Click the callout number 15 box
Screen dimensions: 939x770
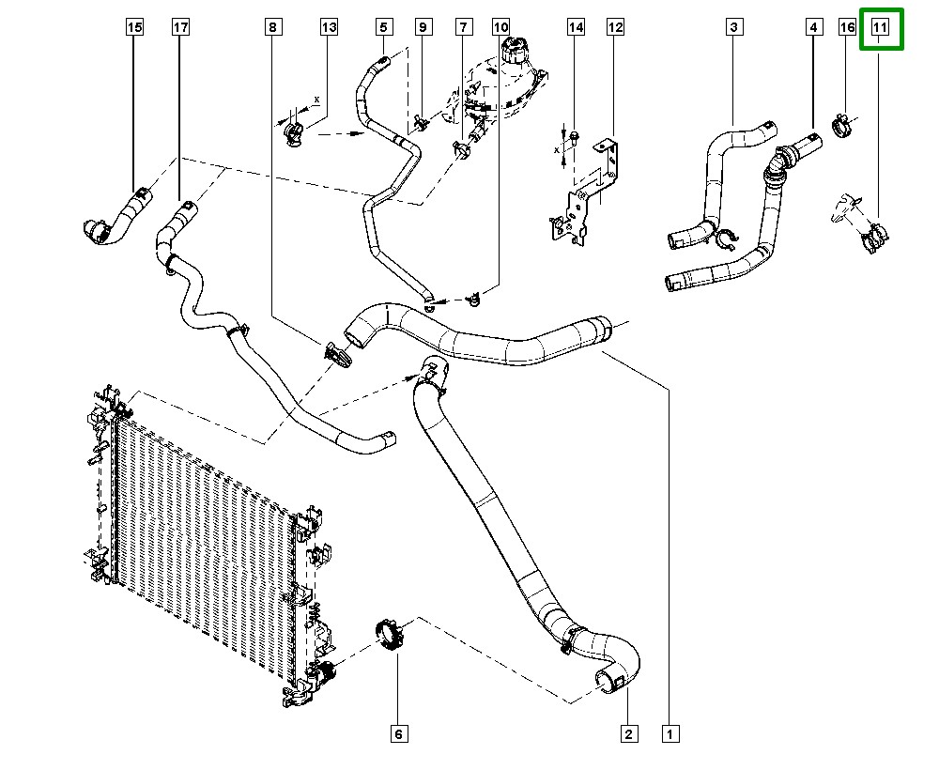(134, 27)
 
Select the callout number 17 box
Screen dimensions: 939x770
(180, 27)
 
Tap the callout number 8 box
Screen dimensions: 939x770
(272, 27)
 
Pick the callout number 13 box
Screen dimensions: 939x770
(329, 27)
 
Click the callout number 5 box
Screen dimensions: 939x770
(384, 27)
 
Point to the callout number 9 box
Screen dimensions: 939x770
(423, 27)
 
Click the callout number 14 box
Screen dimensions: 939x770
(576, 27)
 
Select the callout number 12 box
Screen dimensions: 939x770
(615, 27)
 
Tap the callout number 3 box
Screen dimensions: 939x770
(734, 27)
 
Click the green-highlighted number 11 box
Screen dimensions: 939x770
(881, 28)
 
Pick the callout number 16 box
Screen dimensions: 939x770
(847, 27)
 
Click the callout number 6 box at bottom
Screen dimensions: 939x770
(399, 733)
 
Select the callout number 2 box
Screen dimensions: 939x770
(628, 733)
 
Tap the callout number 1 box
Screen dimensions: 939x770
(670, 733)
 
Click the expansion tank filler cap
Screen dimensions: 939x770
(514, 49)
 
